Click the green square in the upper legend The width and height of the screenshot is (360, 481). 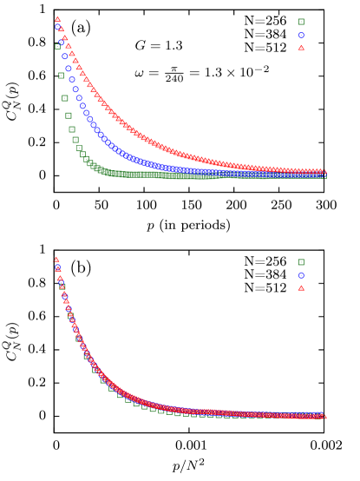301,22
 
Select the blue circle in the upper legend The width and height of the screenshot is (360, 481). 301,36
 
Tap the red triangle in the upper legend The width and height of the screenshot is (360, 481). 301,48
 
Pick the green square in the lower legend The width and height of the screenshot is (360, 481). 301,262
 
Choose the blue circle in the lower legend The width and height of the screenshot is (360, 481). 301,275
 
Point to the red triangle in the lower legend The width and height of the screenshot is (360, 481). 301,287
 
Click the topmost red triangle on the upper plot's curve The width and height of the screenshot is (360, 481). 57,19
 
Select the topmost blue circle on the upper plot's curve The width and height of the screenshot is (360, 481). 57,27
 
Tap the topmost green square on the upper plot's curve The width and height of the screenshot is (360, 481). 57,47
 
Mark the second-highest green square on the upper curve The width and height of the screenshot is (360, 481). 61,76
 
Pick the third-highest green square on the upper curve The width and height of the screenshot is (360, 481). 65,97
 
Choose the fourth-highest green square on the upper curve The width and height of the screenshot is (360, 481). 69,115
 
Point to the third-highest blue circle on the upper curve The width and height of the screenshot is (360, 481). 64,56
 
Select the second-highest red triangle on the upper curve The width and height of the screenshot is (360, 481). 61,29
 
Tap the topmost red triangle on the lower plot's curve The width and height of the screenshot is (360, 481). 56,259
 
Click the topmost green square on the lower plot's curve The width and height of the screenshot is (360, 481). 62,286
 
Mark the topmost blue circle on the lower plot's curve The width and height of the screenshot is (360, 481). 58,268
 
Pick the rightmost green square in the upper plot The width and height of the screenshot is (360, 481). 324,176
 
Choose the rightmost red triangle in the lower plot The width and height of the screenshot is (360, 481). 324,417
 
